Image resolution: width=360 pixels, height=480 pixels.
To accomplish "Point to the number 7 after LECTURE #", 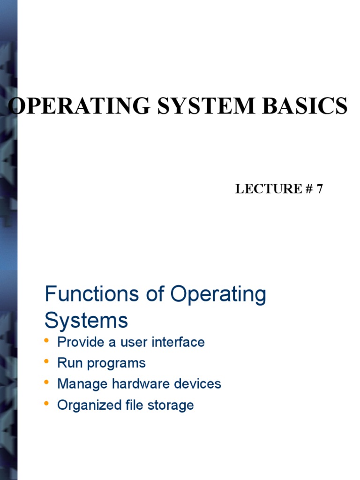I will (320, 189).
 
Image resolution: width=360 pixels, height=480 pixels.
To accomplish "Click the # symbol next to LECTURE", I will (309, 189).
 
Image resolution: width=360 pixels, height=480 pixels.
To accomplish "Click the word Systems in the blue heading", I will (86, 321).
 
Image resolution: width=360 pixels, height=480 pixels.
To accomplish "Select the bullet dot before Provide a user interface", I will (46, 340).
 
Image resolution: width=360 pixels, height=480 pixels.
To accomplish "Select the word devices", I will (197, 384).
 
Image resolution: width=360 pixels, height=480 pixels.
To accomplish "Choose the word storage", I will (171, 405).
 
